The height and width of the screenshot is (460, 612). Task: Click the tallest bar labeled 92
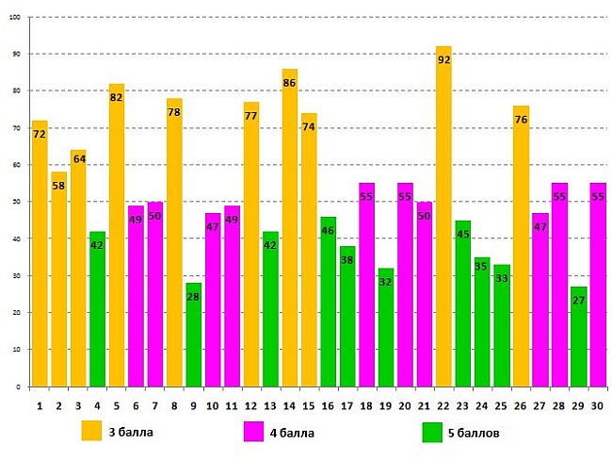[443, 217]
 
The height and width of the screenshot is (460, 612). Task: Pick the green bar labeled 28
[193, 335]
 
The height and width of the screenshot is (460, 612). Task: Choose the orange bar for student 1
[39, 254]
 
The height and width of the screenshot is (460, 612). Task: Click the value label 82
[116, 98]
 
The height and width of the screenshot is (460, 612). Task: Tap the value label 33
[502, 279]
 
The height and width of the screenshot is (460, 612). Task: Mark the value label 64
[78, 158]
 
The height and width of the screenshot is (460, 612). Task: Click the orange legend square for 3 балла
[91, 431]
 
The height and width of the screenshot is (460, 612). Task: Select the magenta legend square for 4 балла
[253, 432]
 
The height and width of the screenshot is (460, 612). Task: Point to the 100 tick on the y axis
[15, 17]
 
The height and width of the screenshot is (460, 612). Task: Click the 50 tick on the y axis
[16, 202]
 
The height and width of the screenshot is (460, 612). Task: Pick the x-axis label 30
[597, 405]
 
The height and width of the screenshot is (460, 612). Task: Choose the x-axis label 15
[309, 405]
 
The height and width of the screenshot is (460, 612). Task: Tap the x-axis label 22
[443, 405]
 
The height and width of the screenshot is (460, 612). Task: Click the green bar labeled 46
[328, 302]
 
